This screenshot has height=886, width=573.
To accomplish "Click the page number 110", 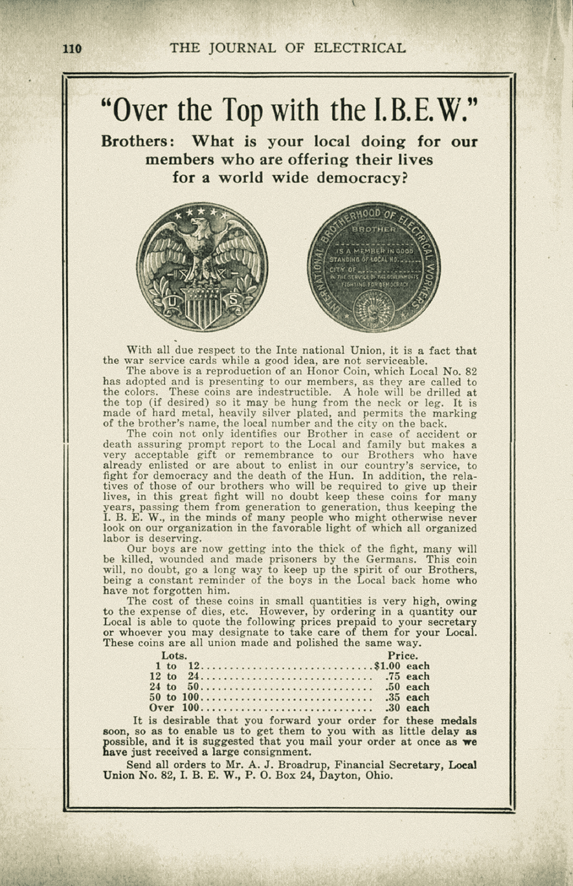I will pyautogui.click(x=72, y=48).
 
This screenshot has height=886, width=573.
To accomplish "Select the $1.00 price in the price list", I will pyautogui.click(x=388, y=666).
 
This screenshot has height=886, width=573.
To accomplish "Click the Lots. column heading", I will pyautogui.click(x=174, y=655).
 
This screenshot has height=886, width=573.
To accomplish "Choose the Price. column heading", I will pyautogui.click(x=402, y=655).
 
